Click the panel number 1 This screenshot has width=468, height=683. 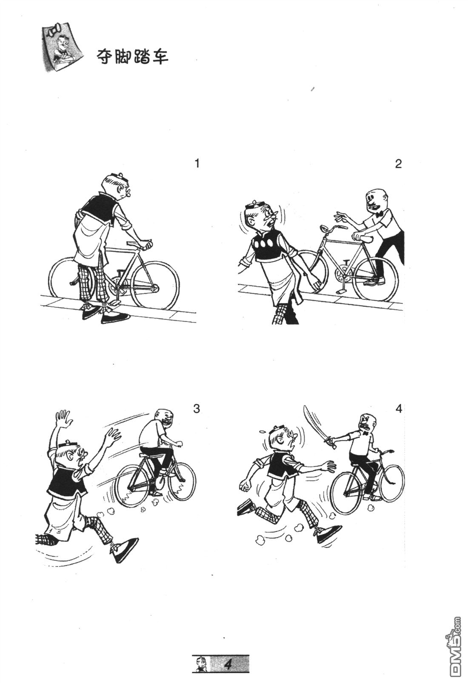(x=197, y=164)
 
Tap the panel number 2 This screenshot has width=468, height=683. (x=398, y=164)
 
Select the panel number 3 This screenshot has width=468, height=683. (x=197, y=409)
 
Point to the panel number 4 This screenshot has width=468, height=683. (x=399, y=409)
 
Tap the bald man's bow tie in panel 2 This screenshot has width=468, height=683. (x=380, y=214)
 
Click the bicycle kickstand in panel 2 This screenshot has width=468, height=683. (x=342, y=285)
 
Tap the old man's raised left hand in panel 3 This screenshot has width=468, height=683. (x=63, y=420)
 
